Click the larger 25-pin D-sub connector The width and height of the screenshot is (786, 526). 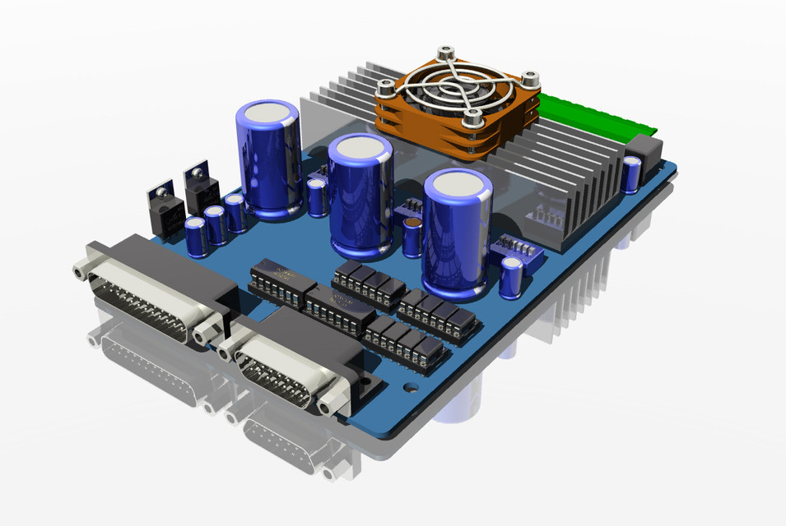pos(156,288)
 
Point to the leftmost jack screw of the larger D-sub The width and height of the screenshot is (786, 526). pos(81,270)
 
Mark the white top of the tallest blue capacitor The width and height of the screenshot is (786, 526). pos(268,113)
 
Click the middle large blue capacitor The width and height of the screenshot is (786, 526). pos(360,197)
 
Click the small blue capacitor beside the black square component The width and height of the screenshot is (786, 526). pos(630,174)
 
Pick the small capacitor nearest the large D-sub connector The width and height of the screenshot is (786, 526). pos(195,237)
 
